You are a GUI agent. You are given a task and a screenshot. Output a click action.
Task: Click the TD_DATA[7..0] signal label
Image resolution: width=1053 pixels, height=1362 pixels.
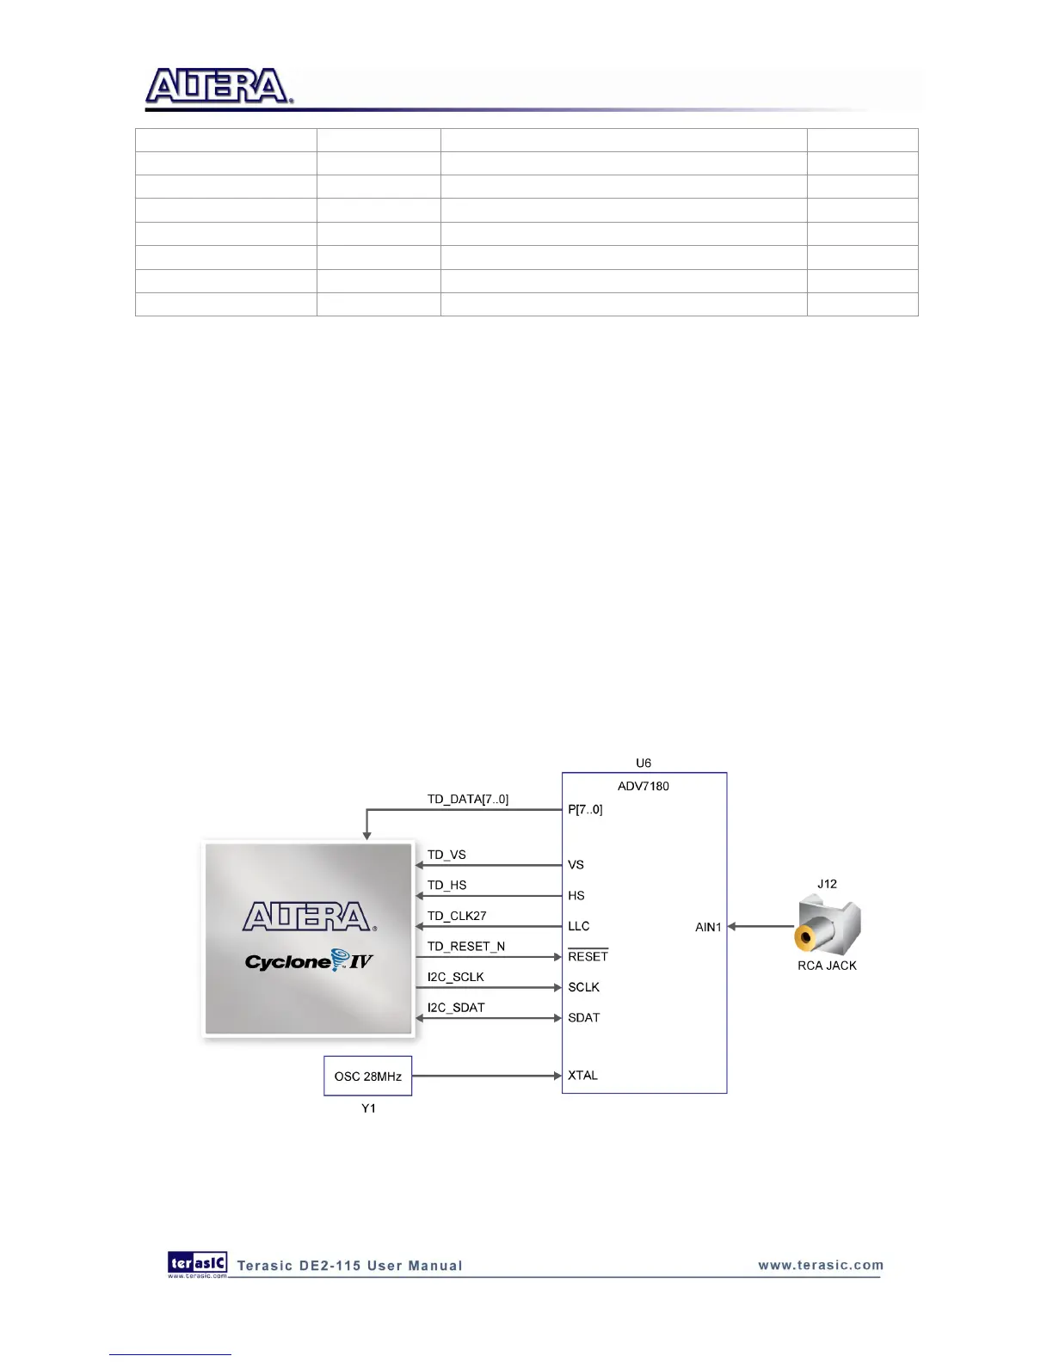(x=467, y=799)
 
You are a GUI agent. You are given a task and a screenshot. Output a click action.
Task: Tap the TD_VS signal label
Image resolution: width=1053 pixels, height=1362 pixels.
(x=446, y=855)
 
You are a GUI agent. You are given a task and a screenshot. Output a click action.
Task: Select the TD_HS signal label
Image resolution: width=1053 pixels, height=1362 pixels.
(x=446, y=885)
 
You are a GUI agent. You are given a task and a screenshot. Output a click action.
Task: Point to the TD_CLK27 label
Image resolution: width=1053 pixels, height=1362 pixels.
(x=457, y=916)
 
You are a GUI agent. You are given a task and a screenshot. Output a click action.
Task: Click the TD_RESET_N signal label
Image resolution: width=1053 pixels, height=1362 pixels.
(x=465, y=946)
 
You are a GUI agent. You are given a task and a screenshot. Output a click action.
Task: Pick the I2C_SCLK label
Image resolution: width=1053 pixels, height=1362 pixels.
(x=455, y=977)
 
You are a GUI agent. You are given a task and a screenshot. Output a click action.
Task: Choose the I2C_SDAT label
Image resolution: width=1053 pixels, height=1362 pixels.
(x=456, y=1007)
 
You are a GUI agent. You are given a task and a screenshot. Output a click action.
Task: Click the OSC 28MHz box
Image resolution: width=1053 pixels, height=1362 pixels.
(x=367, y=1076)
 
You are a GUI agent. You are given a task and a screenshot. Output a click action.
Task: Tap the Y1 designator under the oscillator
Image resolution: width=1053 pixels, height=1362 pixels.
(x=368, y=1108)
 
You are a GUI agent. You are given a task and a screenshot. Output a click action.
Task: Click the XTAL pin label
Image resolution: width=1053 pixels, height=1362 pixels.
(x=582, y=1075)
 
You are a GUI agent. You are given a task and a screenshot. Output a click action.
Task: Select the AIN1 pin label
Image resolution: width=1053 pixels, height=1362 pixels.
(x=708, y=927)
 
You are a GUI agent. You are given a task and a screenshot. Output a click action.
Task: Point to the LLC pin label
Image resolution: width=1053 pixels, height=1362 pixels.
(x=578, y=926)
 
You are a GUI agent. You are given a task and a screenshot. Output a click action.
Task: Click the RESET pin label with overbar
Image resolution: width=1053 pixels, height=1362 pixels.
(x=588, y=956)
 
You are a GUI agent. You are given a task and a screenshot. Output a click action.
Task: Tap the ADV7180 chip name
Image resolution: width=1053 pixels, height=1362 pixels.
(x=643, y=786)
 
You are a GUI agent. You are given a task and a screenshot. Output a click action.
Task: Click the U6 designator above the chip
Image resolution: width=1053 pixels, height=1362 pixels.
(x=643, y=763)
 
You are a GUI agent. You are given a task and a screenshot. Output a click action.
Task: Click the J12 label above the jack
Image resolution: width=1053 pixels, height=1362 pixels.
(x=827, y=884)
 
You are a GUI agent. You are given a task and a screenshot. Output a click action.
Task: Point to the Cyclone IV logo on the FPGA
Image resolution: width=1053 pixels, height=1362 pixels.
(x=309, y=960)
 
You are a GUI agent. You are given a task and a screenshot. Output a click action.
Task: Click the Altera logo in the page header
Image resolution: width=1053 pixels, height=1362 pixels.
(x=219, y=87)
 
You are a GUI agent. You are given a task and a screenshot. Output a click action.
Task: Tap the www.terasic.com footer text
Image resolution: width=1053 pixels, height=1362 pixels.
(x=820, y=1265)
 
